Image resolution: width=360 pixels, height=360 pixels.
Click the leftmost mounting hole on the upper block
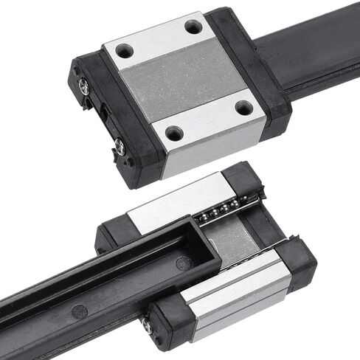tap(124, 52)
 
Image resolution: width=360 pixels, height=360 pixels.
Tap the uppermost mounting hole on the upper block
tap(193, 27)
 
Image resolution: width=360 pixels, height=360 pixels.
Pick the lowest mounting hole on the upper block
tap(174, 134)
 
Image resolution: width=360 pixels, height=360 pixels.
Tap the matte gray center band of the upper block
tap(184, 81)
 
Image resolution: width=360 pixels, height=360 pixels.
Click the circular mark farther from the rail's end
tap(79, 310)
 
